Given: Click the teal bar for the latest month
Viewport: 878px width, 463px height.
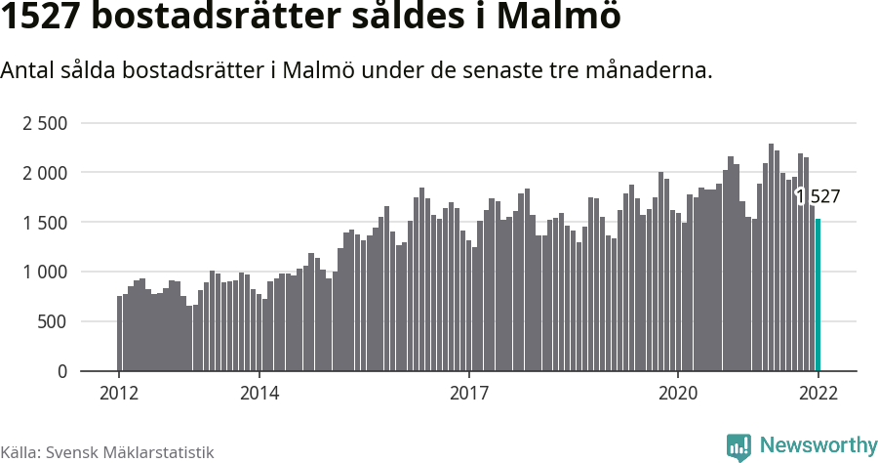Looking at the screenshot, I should coord(818,295).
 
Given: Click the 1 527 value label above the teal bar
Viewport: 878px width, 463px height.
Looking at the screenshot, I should coord(818,197).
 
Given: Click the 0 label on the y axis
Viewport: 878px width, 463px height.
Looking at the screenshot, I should coord(62,372).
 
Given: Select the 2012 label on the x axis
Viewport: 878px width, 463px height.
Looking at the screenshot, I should coord(119,393).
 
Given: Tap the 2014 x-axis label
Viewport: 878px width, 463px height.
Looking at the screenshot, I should coord(259,393).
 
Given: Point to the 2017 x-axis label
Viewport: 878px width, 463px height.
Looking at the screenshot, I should coord(469,393).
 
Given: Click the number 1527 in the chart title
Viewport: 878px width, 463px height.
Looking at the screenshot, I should coord(40,18).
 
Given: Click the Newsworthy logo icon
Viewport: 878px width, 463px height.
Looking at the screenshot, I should coord(738,447).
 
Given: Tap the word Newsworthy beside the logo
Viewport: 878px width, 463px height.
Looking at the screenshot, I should coord(818,446).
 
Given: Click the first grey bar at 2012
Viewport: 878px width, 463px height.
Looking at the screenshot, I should coord(119,333).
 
